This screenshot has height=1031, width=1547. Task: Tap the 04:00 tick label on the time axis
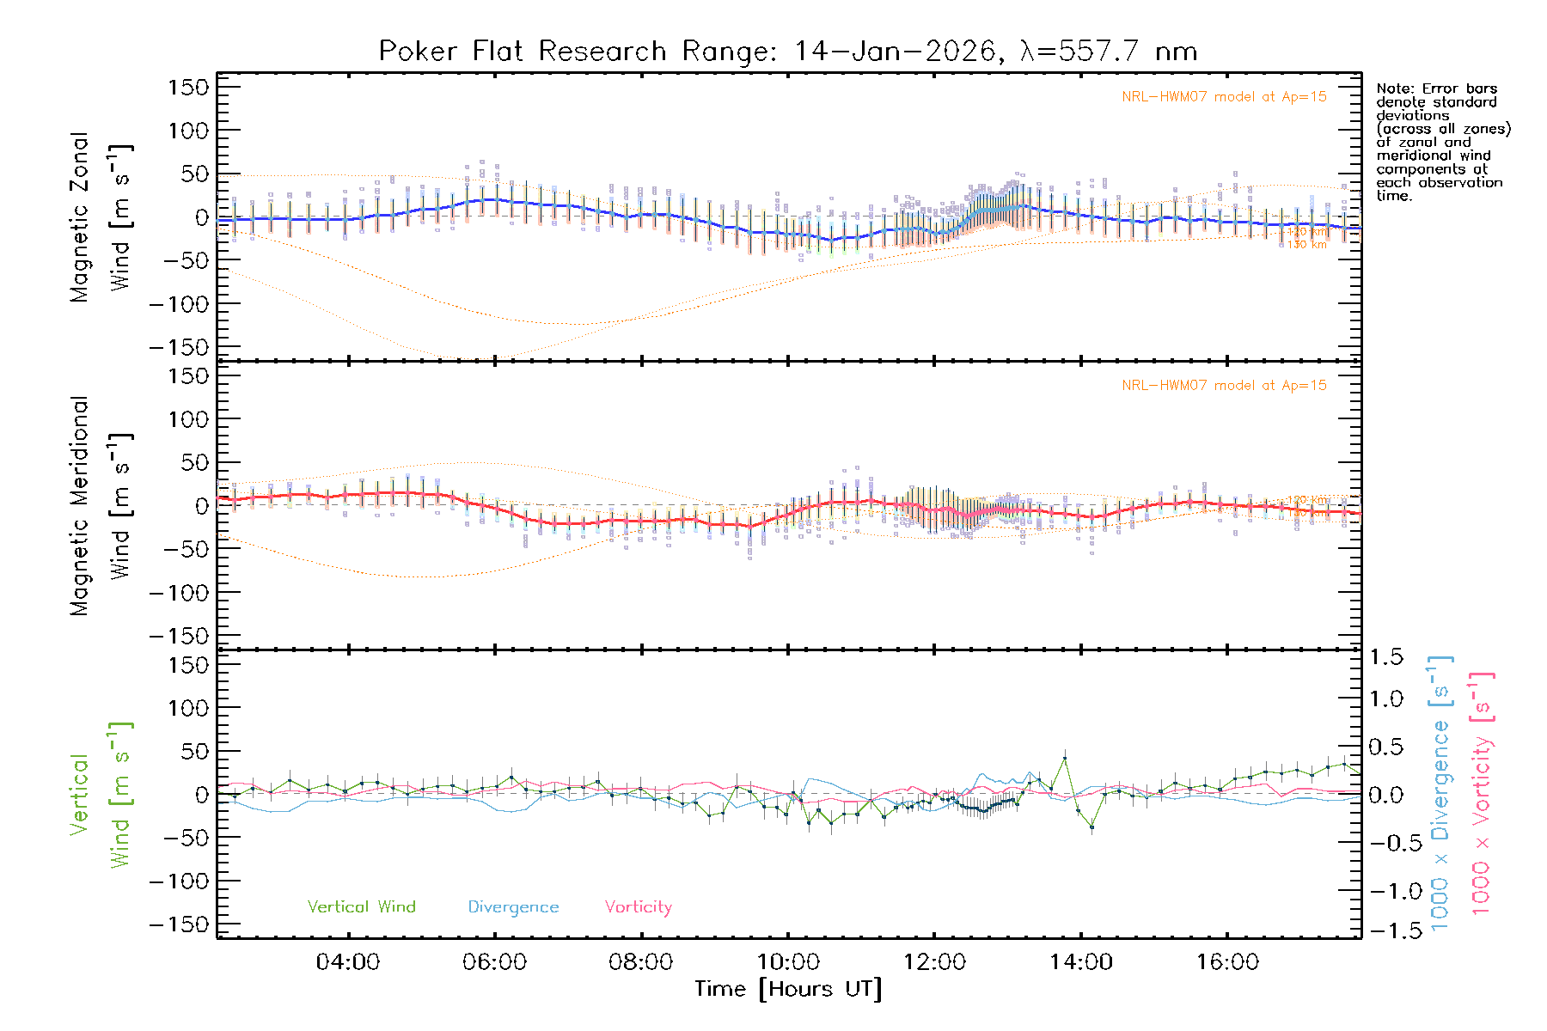347,962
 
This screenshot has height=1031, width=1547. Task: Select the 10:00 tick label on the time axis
787,962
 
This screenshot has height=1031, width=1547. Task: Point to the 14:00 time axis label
1080,962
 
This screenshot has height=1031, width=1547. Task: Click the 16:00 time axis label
1227,962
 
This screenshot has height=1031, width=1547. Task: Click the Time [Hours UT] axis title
787,990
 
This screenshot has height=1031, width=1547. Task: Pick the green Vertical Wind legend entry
361,907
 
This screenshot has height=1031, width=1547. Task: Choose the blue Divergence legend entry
513,907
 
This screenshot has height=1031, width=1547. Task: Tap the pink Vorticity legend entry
638,907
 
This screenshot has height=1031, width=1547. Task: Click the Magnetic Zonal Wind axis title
101,217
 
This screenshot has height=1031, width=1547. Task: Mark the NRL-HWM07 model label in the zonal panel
1224,97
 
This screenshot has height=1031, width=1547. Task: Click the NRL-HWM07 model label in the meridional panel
1224,386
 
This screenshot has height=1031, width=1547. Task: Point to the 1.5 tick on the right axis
1385,657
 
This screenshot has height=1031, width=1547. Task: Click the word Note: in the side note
1394,88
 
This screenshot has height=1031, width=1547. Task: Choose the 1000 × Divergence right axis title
1440,794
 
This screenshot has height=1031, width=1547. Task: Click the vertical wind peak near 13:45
1065,759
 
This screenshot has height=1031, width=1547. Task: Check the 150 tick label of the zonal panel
188,87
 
